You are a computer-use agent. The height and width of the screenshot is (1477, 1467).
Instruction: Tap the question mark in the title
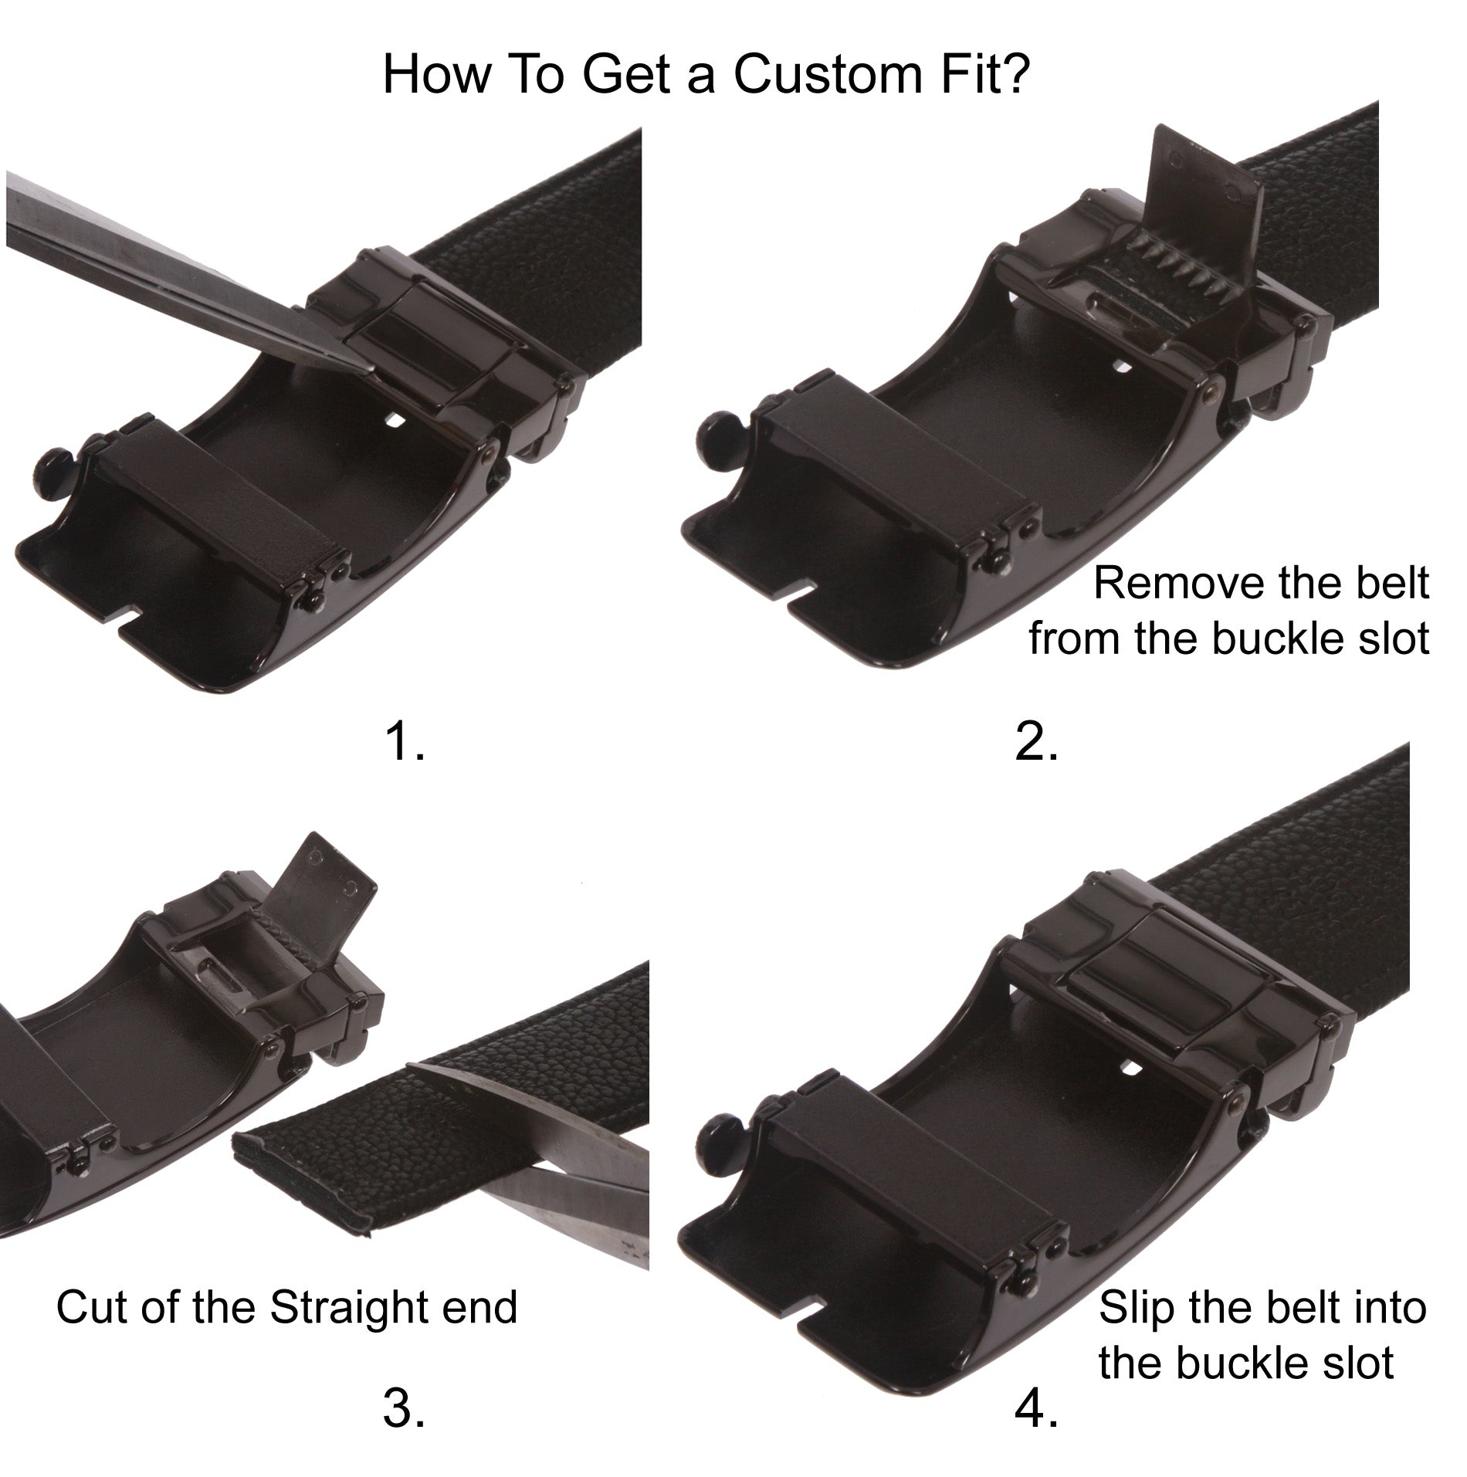point(1015,75)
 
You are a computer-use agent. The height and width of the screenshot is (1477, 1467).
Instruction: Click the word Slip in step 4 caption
point(1136,1307)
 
